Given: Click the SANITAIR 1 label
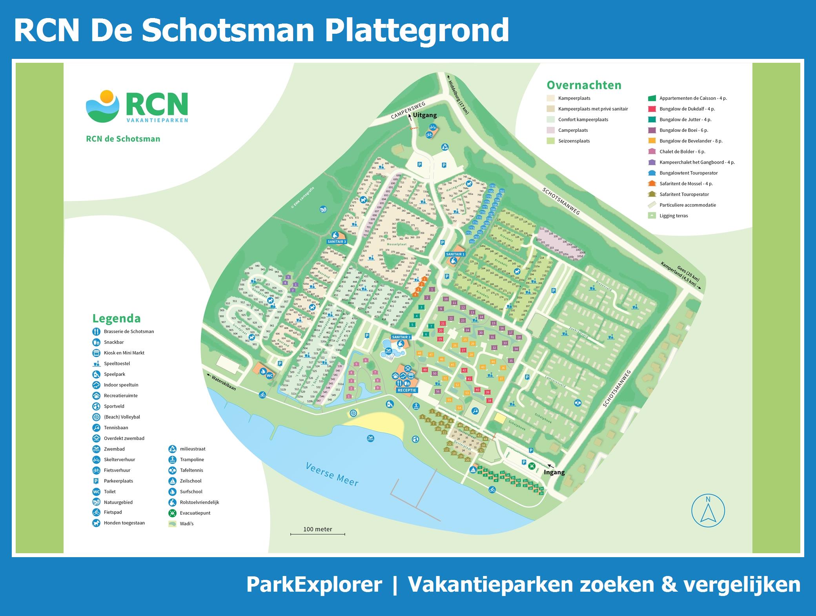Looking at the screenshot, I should coord(455,254).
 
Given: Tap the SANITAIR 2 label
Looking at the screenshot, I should coord(401,337).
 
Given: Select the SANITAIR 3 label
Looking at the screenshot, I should coord(337,242).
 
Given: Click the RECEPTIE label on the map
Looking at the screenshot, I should coord(406,390).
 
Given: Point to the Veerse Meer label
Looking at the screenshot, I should coord(332,474).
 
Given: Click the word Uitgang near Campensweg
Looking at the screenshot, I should coord(425,115).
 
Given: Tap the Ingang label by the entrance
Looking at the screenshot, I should coord(554,472).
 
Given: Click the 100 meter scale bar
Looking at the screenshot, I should coord(317,534).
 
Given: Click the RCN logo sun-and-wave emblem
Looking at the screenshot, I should coord(102,106).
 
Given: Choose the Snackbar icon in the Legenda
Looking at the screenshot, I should coord(97,342).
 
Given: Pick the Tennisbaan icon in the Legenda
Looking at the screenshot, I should coord(97,428).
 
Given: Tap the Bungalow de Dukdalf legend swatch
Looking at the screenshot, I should coord(652,109).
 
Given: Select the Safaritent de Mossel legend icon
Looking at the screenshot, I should coord(652,184).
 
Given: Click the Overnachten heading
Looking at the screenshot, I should coord(584,85).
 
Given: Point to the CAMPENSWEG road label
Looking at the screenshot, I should coord(408,111).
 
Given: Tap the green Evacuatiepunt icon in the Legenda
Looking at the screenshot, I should coord(173,513).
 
